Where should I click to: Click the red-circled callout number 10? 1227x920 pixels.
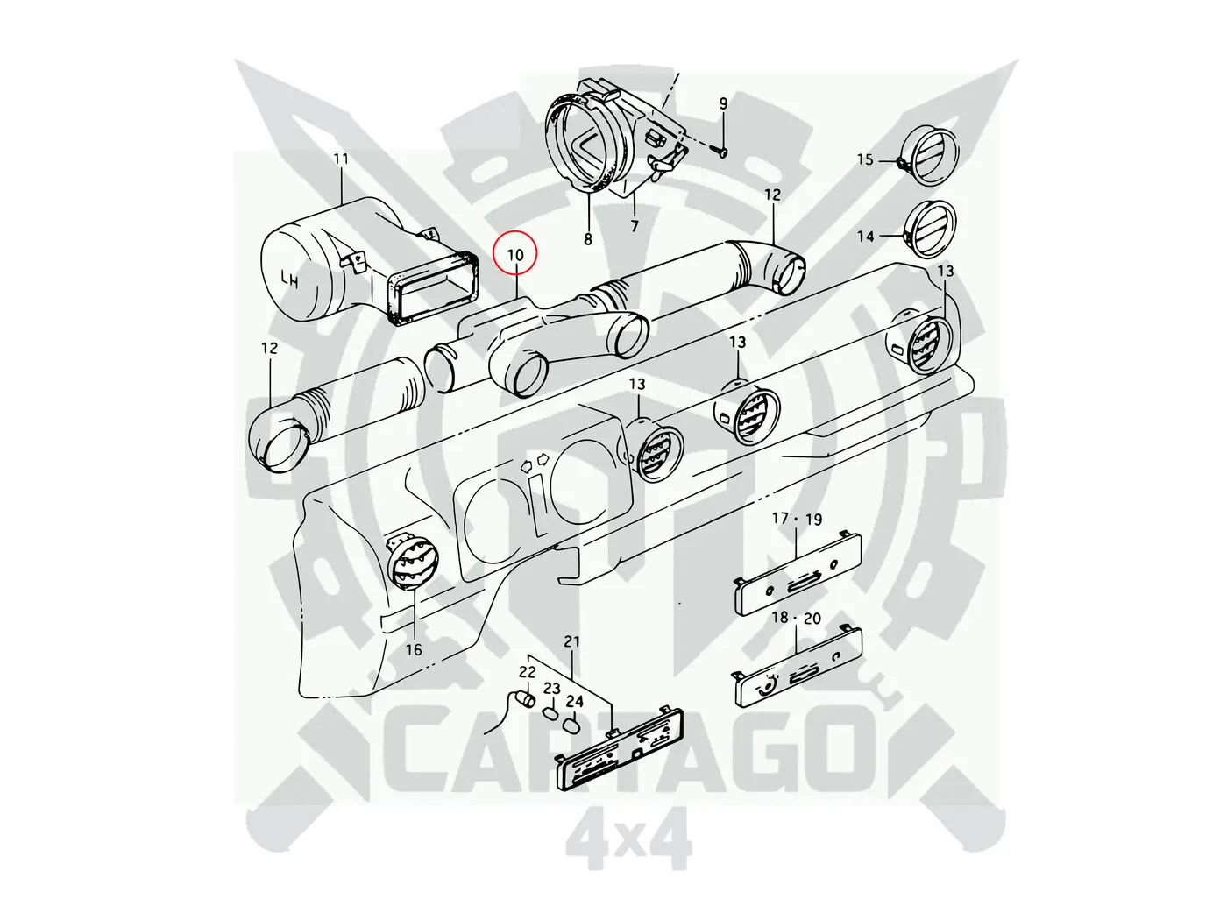(516, 254)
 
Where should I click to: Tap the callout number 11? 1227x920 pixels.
(341, 159)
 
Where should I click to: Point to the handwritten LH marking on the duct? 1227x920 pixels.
(290, 279)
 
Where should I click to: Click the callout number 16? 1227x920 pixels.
(414, 649)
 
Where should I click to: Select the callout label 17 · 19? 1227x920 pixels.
(796, 519)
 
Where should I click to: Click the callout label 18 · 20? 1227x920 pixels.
(796, 618)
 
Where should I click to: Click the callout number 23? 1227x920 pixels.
(551, 689)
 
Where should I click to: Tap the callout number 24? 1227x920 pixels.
(574, 701)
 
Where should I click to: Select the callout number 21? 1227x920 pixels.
(571, 642)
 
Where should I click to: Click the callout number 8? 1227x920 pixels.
(587, 237)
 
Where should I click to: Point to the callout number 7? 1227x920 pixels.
(635, 227)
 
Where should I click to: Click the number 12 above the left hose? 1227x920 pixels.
(269, 348)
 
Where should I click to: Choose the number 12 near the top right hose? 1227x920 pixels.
(771, 195)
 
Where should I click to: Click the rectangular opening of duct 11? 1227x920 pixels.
(435, 286)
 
